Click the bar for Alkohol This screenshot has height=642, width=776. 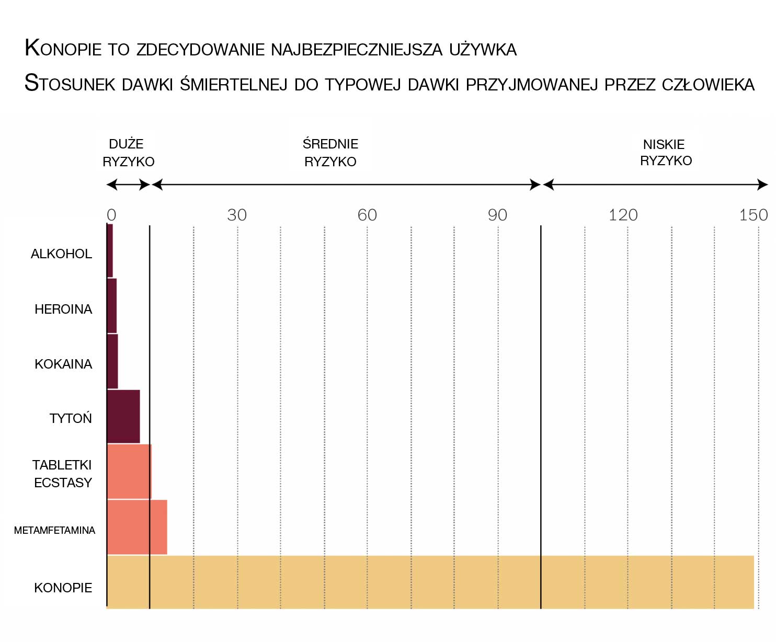coord(110,250)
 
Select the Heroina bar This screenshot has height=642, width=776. coord(112,306)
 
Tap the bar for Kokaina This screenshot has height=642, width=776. coord(112,361)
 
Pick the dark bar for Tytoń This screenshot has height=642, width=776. coord(123,417)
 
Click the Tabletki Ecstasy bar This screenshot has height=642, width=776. coord(129,472)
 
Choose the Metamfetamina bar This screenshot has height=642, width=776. coord(137,527)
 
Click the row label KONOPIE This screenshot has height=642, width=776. coord(63,588)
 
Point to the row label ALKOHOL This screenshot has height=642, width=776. coord(61,254)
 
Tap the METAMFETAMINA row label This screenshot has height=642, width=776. coord(54,530)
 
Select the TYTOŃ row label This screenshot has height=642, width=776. coord(71,418)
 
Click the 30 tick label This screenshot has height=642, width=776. coord(237,215)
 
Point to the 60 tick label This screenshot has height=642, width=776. coord(367,215)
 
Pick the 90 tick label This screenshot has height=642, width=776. coord(497,215)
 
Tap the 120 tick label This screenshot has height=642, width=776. coord(623,215)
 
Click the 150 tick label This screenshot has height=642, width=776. coord(753,215)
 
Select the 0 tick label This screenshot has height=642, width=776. coord(111,215)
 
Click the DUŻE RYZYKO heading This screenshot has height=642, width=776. coord(128,153)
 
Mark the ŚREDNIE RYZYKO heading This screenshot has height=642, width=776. coord(330,153)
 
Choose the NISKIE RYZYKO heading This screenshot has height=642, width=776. coord(665,152)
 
